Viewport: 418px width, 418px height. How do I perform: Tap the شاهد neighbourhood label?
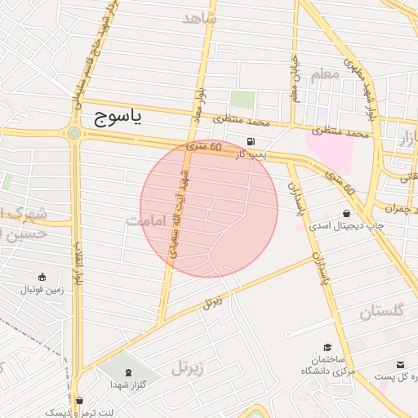[x=201, y=17]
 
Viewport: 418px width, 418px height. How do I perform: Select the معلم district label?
[x=324, y=74]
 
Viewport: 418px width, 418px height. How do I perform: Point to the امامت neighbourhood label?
[x=147, y=221]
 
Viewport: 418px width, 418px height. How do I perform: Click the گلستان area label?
[x=381, y=311]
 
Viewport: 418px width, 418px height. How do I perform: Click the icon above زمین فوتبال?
[x=42, y=278]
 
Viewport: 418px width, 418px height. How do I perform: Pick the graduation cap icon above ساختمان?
[x=327, y=347]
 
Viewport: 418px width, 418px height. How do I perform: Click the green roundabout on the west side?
[x=75, y=133]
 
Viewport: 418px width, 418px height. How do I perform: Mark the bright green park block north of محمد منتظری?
[x=241, y=100]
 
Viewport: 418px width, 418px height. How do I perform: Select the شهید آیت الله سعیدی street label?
[x=180, y=213]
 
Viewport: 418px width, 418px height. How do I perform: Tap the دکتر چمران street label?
[x=397, y=208]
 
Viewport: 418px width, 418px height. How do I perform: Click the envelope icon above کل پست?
[x=400, y=365]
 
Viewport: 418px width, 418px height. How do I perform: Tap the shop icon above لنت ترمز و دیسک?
[x=79, y=400]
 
